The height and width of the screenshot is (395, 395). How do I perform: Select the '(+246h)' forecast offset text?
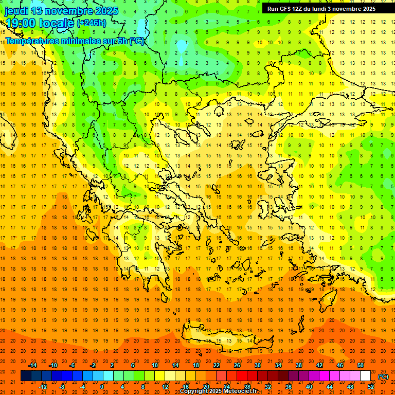click(x=92, y=23)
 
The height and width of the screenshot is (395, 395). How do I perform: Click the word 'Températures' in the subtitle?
click(x=31, y=41)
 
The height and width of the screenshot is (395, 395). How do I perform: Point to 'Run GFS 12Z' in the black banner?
click(x=285, y=9)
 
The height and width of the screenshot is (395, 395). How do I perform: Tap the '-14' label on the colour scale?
click(x=33, y=365)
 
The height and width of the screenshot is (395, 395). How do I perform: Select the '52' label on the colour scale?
click(x=371, y=387)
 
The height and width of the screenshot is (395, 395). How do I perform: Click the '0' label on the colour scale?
click(x=102, y=387)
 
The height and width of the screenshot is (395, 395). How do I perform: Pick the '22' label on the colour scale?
click(x=217, y=365)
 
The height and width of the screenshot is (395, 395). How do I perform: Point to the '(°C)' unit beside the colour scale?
click(x=383, y=376)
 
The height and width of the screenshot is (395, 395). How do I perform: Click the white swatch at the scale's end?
click(x=365, y=376)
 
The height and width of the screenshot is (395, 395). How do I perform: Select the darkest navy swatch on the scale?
click(x=26, y=376)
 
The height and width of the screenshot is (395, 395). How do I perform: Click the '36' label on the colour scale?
click(x=288, y=387)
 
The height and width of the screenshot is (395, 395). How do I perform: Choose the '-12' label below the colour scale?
click(x=43, y=387)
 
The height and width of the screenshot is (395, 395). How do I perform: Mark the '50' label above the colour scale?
click(x=361, y=365)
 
